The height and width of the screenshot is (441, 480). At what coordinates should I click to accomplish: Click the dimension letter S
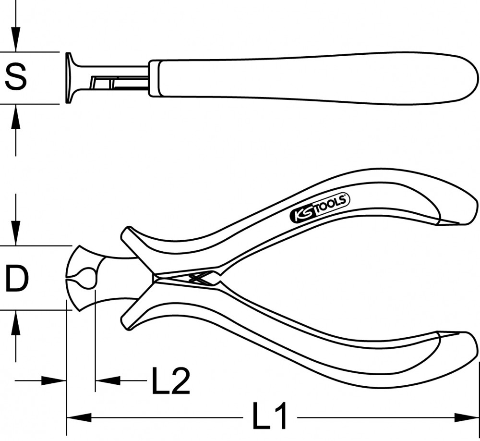[16, 76]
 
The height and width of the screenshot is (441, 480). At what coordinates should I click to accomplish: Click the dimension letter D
[17, 278]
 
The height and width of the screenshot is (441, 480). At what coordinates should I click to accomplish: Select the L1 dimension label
[269, 416]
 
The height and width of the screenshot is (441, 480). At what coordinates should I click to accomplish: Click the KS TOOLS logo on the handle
[320, 208]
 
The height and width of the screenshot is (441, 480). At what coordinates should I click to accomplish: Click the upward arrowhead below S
[16, 117]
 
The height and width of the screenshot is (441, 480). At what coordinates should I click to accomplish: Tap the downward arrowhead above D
[16, 233]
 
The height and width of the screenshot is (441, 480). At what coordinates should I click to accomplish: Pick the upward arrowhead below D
[16, 322]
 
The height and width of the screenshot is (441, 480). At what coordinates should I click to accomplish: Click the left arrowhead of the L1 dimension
[79, 417]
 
